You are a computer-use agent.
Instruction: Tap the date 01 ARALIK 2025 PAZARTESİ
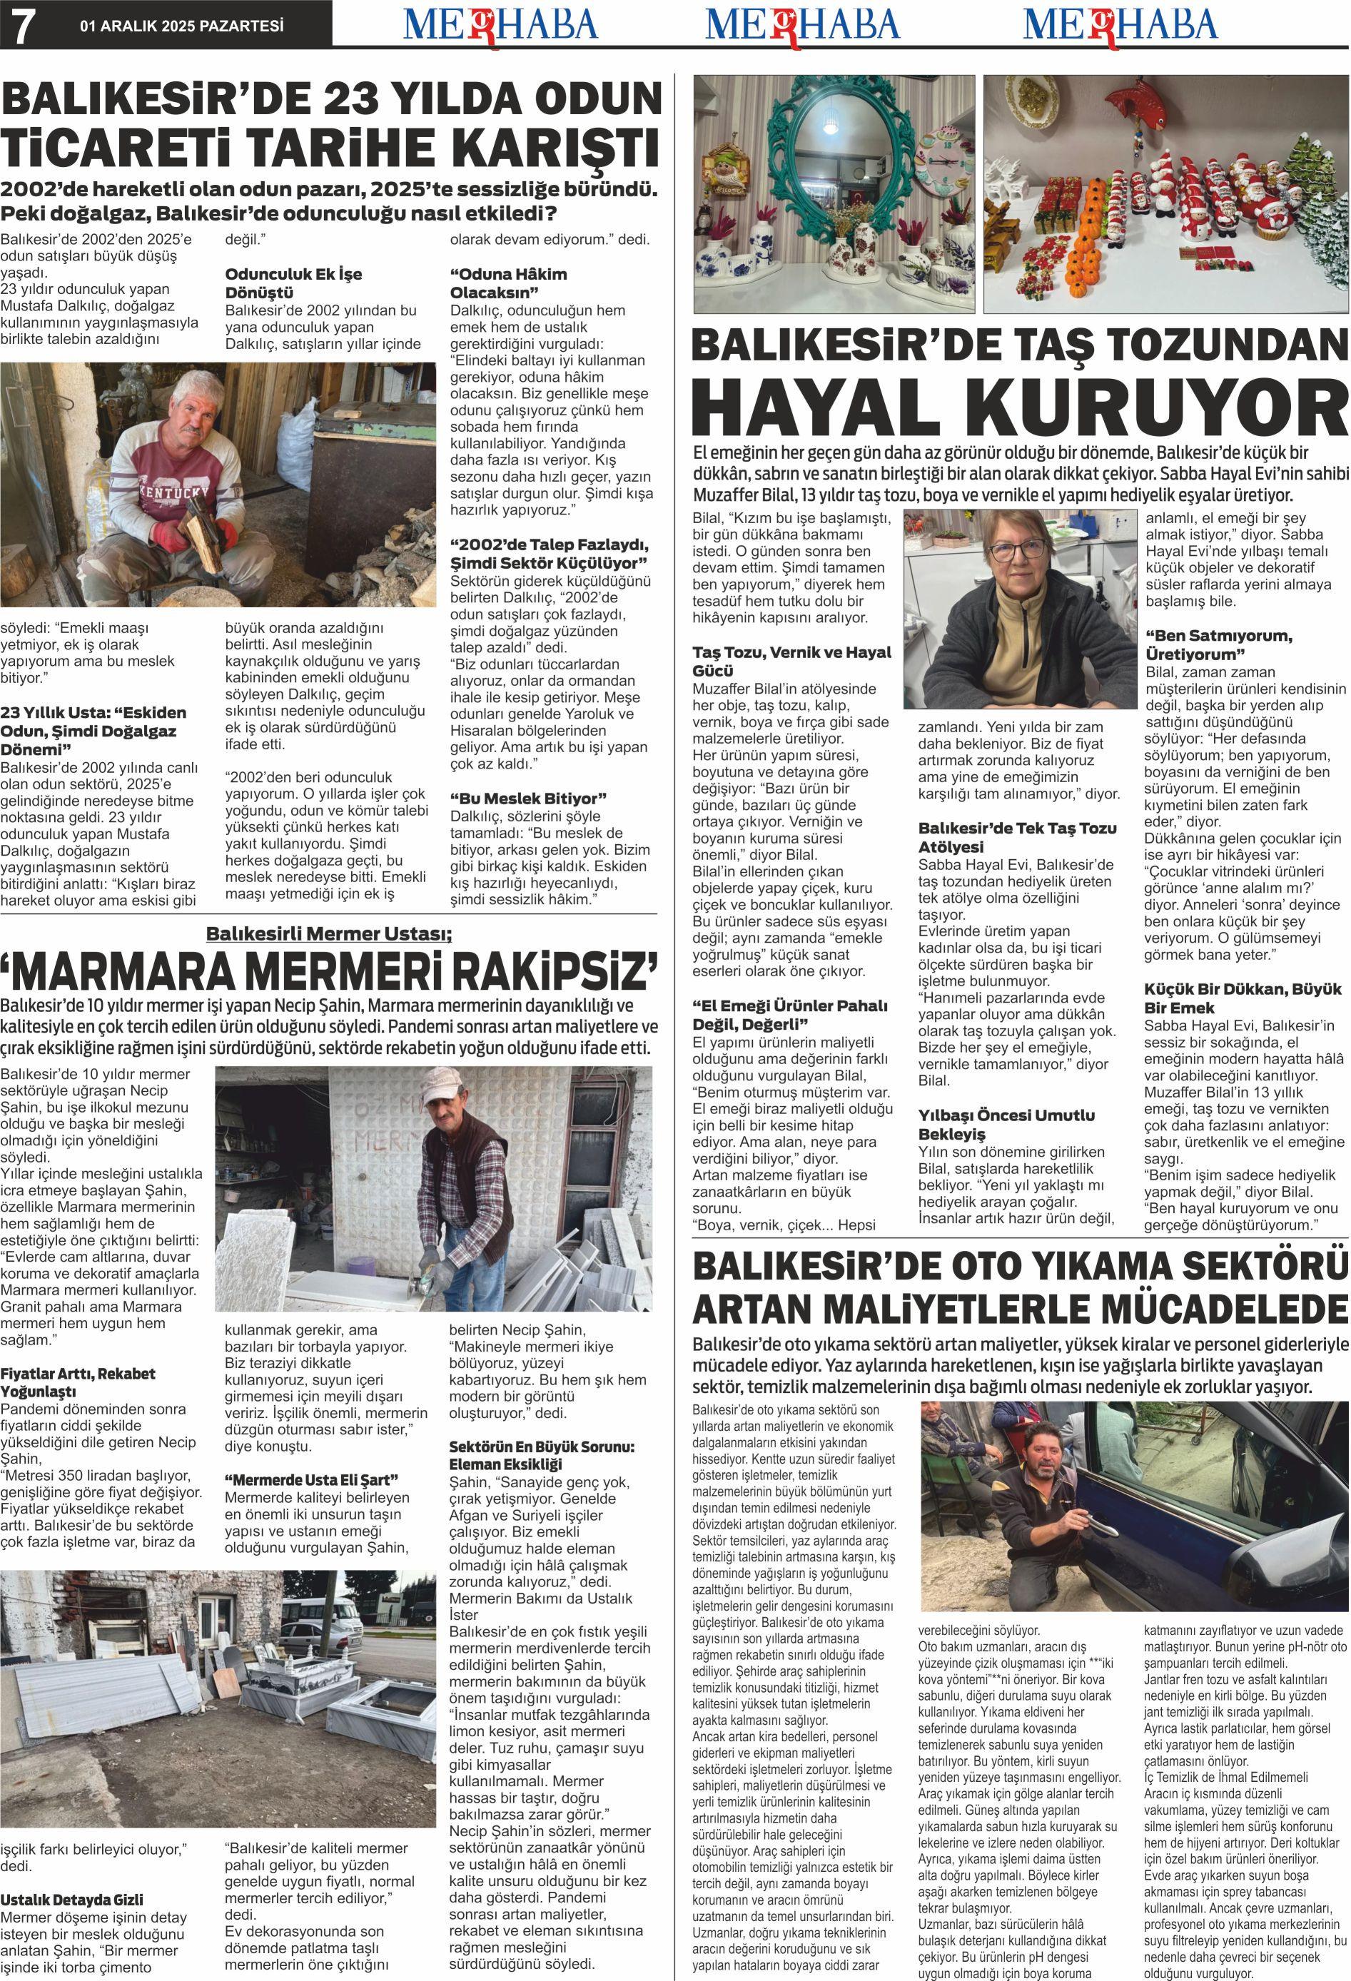point(181,26)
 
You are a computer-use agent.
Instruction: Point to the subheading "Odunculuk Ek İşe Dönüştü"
point(293,283)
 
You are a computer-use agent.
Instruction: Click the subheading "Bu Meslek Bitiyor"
point(527,798)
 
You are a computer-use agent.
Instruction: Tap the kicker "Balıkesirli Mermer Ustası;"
point(329,933)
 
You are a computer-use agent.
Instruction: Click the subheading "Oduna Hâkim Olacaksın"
point(508,283)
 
